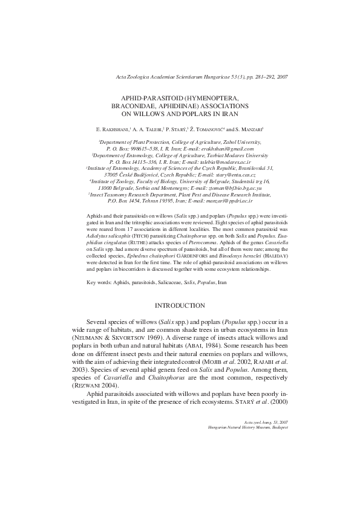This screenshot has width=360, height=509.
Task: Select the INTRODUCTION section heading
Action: [x=180, y=305]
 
